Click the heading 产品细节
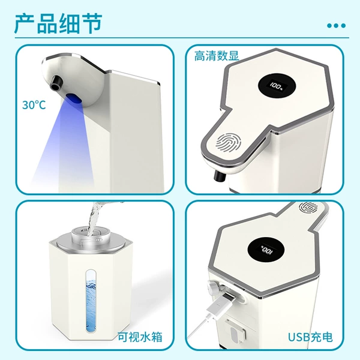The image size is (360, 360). pyautogui.click(x=58, y=23)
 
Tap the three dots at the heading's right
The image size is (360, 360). pyautogui.click(x=336, y=25)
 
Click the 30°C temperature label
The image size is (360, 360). pyautogui.click(x=34, y=105)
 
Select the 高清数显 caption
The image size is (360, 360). pyautogui.click(x=217, y=56)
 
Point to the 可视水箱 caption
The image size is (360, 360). pyautogui.click(x=140, y=337)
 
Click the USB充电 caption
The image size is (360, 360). pyautogui.click(x=310, y=337)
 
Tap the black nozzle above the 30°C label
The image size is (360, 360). pyautogui.click(x=56, y=83)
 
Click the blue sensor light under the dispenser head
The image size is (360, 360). pyautogui.click(x=73, y=98)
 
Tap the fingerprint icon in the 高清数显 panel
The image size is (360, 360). pyautogui.click(x=228, y=143)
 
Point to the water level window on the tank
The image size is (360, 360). pyautogui.click(x=91, y=301)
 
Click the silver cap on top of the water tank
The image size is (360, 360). pyautogui.click(x=91, y=240)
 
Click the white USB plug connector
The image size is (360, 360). pyautogui.click(x=220, y=305)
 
